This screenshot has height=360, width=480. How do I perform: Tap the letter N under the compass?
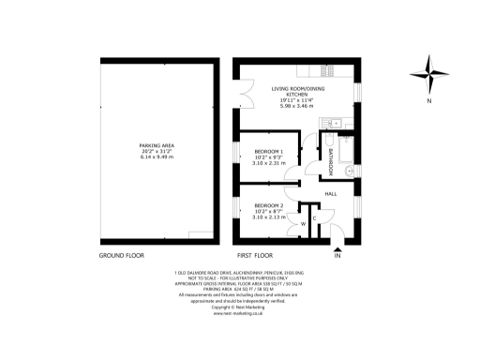click(x=428, y=100)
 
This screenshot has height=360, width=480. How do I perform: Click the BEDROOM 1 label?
click(x=269, y=152)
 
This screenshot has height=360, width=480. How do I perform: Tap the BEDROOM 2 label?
click(x=269, y=204)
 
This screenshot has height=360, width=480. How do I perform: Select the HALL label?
click(x=331, y=194)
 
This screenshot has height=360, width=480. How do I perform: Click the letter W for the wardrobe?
click(x=303, y=223)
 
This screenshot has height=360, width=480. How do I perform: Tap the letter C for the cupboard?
click(x=314, y=217)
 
